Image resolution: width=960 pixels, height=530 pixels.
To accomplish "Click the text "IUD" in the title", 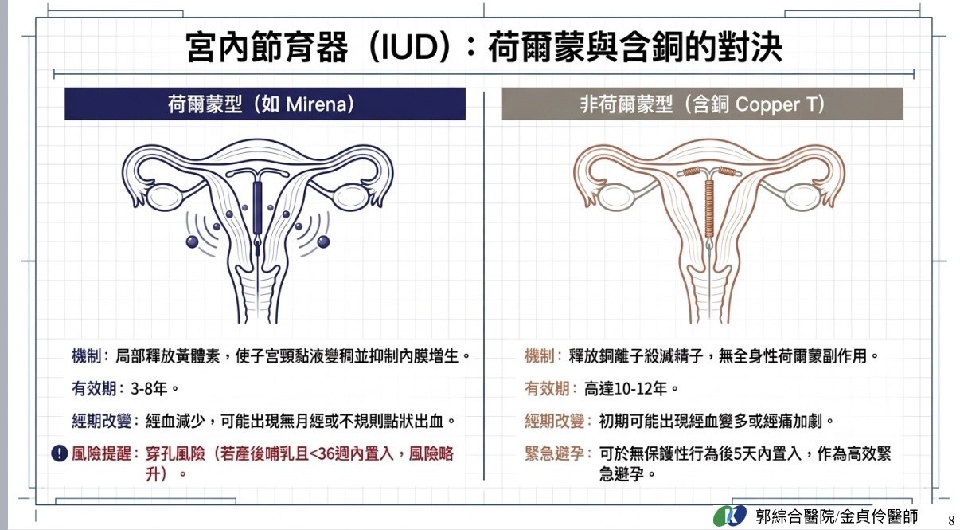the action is tap(409, 46).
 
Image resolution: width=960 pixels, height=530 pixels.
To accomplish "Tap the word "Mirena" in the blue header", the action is tap(316, 104).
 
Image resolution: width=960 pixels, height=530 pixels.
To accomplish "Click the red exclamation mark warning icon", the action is tap(60, 453).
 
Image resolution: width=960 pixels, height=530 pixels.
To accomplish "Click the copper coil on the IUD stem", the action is tap(709, 208).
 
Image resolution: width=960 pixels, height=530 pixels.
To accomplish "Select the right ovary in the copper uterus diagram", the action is tap(802, 197).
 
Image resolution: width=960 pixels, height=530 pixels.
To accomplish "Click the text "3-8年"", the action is tap(149, 389).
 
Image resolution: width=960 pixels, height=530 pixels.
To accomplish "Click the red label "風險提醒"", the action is tap(101, 453).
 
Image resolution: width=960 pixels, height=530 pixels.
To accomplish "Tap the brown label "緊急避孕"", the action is tap(555, 453).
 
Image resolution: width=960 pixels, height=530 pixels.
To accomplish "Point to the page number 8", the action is tap(951, 520).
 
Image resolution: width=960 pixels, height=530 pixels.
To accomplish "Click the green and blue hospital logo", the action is tap(730, 516).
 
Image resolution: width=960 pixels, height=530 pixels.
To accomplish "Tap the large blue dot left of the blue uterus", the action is tap(192, 241).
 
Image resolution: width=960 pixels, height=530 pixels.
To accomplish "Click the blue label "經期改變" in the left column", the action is tap(101, 421).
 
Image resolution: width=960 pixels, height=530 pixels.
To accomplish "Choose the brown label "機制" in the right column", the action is tap(540, 355).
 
